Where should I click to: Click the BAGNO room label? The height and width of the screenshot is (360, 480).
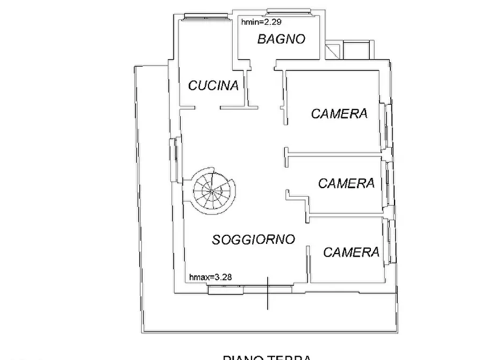[x=281, y=39]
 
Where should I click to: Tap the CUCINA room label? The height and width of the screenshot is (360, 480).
[x=213, y=85]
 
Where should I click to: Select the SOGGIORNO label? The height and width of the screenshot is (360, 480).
[x=253, y=239]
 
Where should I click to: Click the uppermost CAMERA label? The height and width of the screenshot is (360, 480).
[x=339, y=113]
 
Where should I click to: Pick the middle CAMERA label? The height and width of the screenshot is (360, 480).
[x=346, y=183]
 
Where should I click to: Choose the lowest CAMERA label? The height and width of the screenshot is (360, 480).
[x=351, y=252]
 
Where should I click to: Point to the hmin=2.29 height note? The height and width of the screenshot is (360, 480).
[x=261, y=22]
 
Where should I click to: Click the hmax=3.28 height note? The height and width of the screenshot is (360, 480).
[x=211, y=277]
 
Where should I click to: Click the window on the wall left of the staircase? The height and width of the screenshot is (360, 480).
[x=174, y=160]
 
